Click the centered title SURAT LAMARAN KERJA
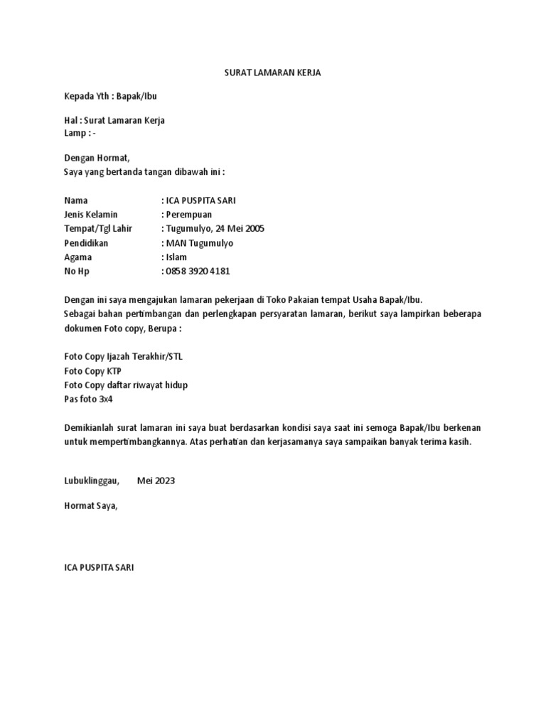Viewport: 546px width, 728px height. tap(273, 73)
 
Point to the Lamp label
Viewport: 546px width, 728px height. tap(75, 133)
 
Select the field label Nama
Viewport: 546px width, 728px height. tap(76, 201)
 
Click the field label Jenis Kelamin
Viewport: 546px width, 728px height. tap(91, 214)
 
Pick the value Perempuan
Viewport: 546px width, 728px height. tap(189, 214)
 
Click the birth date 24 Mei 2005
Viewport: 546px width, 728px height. tap(237, 228)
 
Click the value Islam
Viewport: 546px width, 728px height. tap(176, 257)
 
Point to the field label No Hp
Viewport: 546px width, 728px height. tap(77, 271)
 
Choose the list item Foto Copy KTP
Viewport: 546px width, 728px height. tap(93, 370)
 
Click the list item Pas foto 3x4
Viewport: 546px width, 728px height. tap(89, 399)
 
